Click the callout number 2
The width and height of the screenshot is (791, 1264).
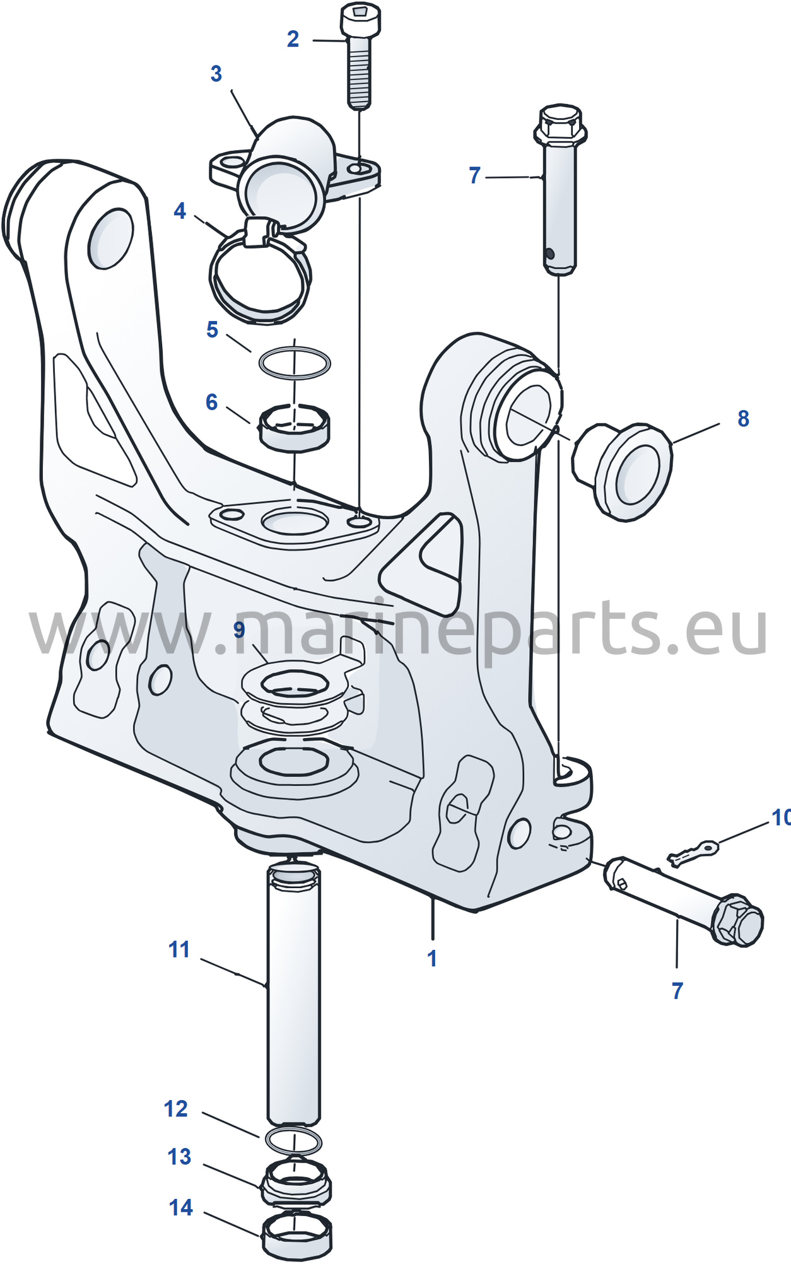click(293, 39)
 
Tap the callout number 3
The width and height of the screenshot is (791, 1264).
click(216, 74)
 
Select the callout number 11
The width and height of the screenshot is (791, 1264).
click(179, 949)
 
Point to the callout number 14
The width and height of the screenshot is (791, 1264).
click(181, 1208)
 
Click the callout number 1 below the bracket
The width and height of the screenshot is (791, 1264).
click(432, 958)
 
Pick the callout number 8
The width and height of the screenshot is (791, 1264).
click(743, 418)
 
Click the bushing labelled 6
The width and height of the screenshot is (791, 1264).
click(294, 428)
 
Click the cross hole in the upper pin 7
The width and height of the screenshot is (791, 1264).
click(549, 254)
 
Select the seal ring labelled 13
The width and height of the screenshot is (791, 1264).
click(296, 1183)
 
